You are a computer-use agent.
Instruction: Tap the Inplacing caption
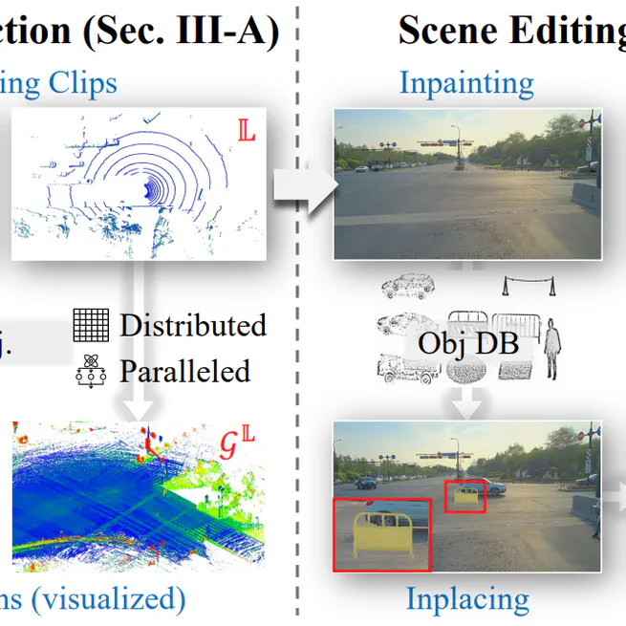coord(467,599)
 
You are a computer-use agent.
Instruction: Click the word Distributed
coord(192,326)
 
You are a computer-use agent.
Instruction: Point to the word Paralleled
coord(184,371)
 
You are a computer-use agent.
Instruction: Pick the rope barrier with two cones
coord(530,285)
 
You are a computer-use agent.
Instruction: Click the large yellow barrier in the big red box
coord(380,536)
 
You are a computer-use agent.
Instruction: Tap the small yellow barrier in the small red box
coord(464,495)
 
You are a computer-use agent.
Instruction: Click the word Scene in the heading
coord(448,31)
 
